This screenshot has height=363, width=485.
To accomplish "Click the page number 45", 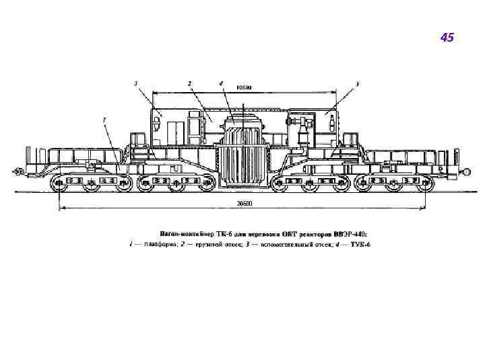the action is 447,38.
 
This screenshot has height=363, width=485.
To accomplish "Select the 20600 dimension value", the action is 243,203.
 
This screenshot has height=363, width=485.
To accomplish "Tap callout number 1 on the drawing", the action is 104,119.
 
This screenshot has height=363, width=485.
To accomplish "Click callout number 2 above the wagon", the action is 190,83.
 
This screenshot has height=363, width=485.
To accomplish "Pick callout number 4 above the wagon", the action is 220,83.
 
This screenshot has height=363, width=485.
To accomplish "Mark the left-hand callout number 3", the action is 136,83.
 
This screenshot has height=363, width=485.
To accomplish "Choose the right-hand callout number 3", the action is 358,83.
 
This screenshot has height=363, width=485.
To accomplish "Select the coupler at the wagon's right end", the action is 465,172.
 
